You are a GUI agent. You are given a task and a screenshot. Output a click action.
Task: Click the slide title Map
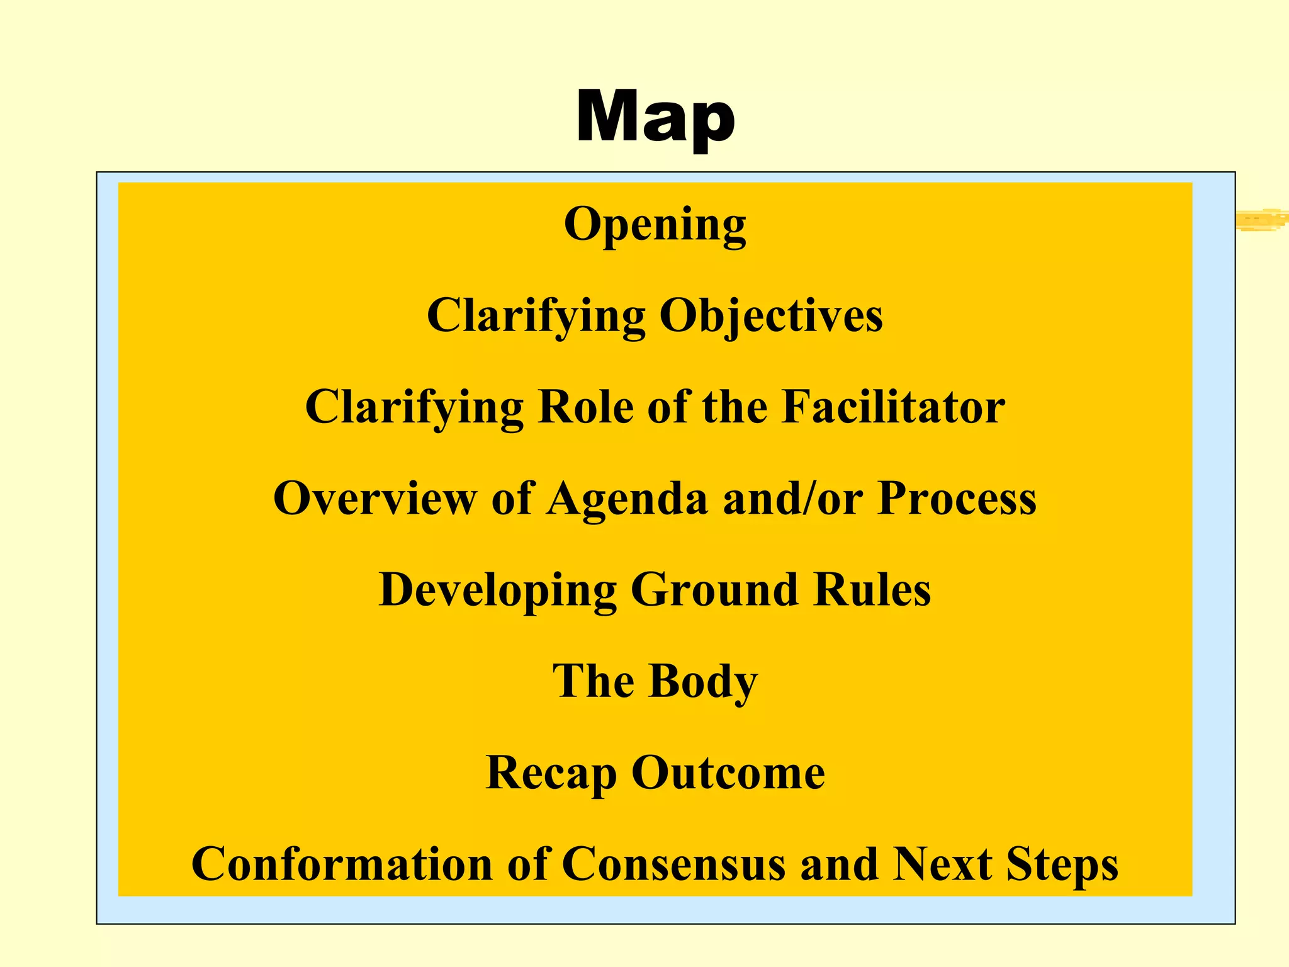[x=655, y=118]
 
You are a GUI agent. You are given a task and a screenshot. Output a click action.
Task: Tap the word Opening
[x=655, y=225]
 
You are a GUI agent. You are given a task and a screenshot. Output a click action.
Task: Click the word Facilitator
[x=893, y=407]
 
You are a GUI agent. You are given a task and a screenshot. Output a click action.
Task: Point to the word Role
[x=585, y=407]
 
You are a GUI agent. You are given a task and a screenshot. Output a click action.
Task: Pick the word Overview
[x=375, y=498]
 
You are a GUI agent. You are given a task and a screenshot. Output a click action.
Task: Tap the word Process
[x=957, y=498]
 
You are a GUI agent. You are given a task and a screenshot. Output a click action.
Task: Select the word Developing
[x=497, y=591]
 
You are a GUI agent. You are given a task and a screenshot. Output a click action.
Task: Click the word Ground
[x=714, y=589]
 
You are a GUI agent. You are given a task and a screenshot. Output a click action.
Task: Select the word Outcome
[x=728, y=772]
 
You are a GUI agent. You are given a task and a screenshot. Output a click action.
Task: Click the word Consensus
[x=673, y=864]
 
